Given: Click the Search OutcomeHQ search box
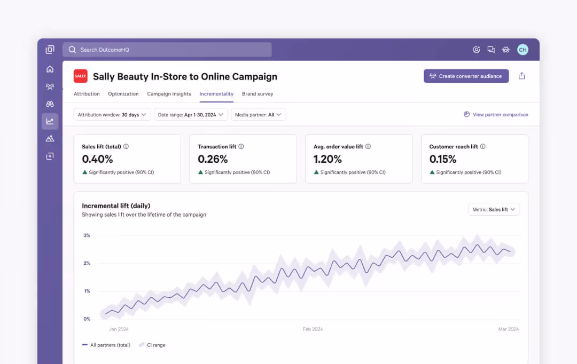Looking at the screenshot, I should (167, 50).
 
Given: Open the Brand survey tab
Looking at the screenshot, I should (258, 94).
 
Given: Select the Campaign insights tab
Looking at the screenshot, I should (169, 94).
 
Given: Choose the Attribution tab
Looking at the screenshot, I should (87, 94).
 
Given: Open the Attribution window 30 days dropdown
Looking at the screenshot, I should (112, 115).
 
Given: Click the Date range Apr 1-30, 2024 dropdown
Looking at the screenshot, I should (191, 115).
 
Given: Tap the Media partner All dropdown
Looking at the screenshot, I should (258, 115).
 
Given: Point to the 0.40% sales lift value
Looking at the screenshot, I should (97, 159).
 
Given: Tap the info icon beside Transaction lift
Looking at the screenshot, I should (241, 147).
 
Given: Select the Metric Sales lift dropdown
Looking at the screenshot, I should (494, 210).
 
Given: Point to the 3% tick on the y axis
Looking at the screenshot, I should (87, 235).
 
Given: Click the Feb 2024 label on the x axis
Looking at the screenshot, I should (313, 329).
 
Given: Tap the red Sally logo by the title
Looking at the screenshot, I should (81, 76).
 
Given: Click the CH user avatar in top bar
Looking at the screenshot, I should (523, 50).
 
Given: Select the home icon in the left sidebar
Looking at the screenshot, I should (50, 69).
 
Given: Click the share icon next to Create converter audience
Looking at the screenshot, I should (522, 76).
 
